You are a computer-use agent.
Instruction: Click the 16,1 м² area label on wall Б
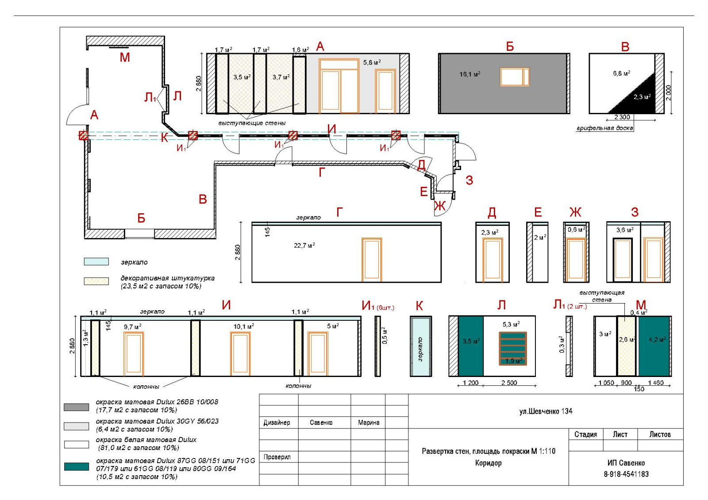(469, 74)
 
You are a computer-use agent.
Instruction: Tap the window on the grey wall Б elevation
(514, 77)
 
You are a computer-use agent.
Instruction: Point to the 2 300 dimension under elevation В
(622, 117)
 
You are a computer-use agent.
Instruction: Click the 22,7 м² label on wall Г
(304, 245)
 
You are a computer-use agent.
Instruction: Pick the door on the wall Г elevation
(372, 260)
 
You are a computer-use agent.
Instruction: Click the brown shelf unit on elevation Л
(513, 349)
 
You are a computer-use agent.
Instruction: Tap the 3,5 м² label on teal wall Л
(471, 341)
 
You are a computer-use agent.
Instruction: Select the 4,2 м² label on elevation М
(657, 339)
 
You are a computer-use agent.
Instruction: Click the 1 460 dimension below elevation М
(656, 383)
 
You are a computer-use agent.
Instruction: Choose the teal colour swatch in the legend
(77, 466)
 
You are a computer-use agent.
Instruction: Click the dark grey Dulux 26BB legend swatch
(77, 407)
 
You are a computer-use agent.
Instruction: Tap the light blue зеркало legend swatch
(96, 262)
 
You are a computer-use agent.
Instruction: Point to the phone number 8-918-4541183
(626, 474)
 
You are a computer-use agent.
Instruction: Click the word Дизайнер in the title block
(277, 423)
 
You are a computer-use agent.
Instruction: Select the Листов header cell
(660, 435)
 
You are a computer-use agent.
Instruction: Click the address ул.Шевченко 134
(546, 411)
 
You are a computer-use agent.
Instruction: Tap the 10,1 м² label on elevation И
(243, 326)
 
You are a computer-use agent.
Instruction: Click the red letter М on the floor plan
(125, 57)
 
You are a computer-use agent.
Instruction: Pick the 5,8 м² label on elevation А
(372, 62)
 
